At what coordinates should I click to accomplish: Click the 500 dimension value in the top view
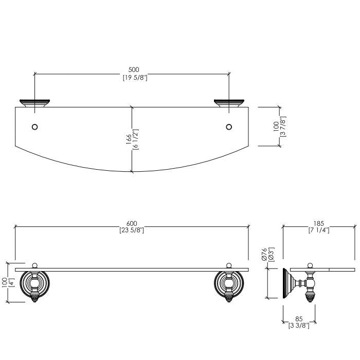pos(133,70)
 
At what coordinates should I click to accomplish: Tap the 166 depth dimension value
pos(129,139)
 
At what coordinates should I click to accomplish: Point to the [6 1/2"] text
pos(136,139)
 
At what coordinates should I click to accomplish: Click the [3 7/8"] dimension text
pos(283,127)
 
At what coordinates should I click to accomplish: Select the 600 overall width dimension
pos(132,223)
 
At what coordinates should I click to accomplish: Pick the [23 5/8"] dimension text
pos(132,230)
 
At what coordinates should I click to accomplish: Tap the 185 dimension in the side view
pos(319,223)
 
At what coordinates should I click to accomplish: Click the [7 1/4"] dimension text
pos(319,230)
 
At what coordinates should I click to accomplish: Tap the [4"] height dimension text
pos(10,282)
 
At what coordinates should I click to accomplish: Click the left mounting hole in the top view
pos(35,127)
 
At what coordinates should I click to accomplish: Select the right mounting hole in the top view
pos(229,127)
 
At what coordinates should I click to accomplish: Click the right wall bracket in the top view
pos(229,103)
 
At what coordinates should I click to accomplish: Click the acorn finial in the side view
pos(310,296)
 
